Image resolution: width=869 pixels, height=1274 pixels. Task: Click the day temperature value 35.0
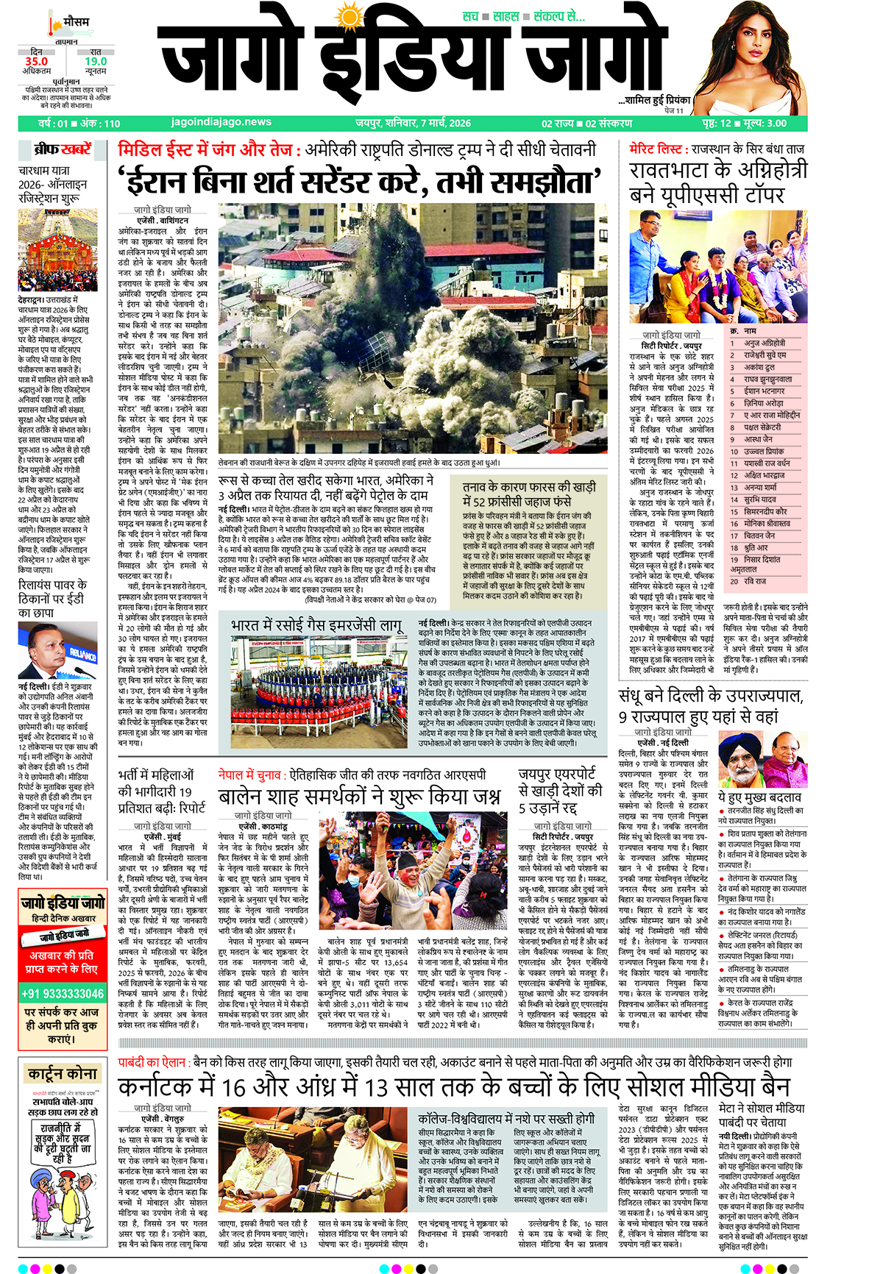(36, 61)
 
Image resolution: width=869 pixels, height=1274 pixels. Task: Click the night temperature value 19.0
(96, 61)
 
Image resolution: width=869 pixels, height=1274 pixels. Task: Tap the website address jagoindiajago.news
(221, 122)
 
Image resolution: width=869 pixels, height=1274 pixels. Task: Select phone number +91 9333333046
(63, 993)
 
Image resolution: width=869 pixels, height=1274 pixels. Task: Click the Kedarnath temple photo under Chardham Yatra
(57, 250)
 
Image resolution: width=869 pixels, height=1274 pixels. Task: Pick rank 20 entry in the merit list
(754, 581)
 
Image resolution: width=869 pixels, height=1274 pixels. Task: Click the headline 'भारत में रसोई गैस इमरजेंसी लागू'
(317, 625)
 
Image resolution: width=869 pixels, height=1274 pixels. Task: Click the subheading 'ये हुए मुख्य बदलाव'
(759, 797)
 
